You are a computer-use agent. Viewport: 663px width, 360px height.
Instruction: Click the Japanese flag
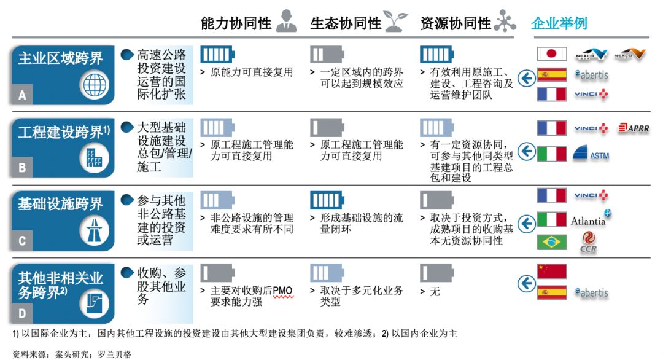(552, 54)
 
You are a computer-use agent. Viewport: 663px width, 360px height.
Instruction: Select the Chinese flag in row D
(552, 271)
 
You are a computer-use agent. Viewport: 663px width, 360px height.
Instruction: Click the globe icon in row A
(95, 85)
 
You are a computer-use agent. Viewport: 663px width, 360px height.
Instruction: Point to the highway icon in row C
(95, 230)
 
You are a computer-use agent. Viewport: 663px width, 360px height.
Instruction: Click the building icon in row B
(95, 158)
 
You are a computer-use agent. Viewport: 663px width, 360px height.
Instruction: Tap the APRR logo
(634, 128)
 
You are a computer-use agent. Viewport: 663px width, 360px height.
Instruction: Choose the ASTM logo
(591, 153)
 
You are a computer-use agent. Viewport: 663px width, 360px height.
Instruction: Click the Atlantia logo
(591, 219)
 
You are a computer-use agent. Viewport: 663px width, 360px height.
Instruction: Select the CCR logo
(588, 243)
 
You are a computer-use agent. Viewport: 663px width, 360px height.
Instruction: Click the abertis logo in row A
(591, 75)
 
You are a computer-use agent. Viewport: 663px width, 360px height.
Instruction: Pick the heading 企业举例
(559, 23)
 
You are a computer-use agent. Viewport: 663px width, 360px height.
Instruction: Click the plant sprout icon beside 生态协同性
(395, 22)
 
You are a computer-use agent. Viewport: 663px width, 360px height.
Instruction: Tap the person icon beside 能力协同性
(286, 21)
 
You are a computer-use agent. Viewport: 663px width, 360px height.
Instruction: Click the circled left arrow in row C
(527, 224)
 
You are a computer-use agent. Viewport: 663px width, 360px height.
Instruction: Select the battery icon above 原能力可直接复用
(217, 55)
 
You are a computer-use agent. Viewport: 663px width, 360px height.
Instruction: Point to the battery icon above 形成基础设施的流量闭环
(327, 200)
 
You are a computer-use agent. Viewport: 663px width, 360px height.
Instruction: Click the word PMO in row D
(282, 291)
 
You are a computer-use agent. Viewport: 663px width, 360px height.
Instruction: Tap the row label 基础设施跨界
(60, 204)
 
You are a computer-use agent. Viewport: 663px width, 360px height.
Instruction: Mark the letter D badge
(22, 313)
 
